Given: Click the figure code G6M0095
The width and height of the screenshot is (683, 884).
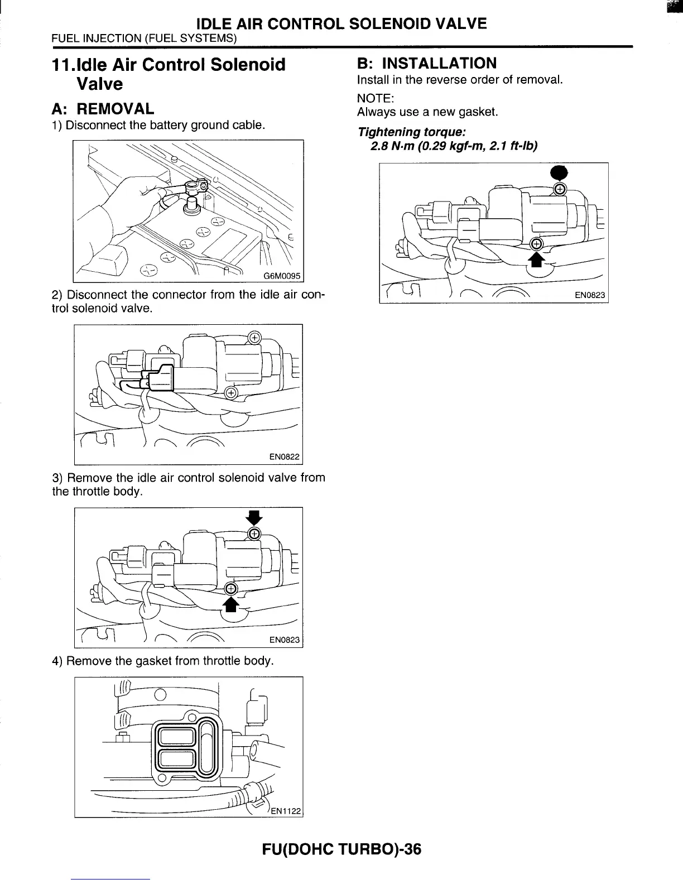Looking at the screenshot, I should [282, 276].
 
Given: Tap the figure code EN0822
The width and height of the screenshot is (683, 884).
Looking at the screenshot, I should [285, 457].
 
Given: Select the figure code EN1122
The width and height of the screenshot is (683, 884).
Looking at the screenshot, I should [286, 811].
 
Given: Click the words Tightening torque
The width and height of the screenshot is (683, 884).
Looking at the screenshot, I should [412, 132].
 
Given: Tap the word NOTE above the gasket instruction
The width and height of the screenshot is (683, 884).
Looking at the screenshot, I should [376, 98].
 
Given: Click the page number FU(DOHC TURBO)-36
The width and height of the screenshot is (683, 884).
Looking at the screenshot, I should [341, 849].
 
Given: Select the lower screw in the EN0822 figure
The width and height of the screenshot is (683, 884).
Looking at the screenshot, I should [230, 393].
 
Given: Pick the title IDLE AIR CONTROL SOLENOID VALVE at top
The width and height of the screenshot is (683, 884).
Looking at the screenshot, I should [341, 23].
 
